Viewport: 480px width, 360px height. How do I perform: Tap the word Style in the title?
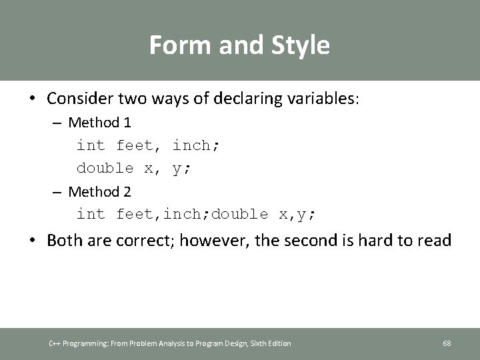pos(299,45)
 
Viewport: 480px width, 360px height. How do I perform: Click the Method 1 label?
pos(99,123)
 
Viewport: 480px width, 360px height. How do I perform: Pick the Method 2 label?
pos(99,192)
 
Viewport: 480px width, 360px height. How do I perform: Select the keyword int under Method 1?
pos(91,145)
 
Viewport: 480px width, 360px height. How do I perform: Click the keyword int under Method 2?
pos(91,214)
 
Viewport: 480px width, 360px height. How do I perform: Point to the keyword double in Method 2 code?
pos(241,214)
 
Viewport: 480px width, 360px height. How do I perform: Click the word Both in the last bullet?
pos(65,240)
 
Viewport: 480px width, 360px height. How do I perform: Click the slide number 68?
pos(447,343)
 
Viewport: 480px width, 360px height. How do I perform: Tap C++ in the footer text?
pos(55,343)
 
